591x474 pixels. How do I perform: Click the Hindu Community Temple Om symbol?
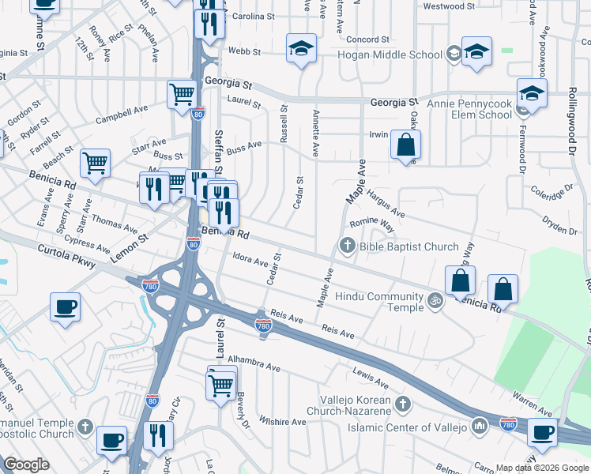click(x=433, y=299)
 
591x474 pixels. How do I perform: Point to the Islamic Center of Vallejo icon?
click(x=479, y=427)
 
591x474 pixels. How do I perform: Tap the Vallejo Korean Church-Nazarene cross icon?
click(x=402, y=404)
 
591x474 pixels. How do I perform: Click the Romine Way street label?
click(x=372, y=224)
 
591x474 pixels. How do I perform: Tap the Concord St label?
click(x=368, y=39)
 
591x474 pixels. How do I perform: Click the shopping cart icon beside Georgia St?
click(x=182, y=94)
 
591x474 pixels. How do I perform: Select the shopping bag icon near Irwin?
click(x=405, y=145)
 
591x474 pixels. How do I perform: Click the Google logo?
click(x=25, y=465)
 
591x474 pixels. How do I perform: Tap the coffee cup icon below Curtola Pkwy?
click(x=65, y=307)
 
